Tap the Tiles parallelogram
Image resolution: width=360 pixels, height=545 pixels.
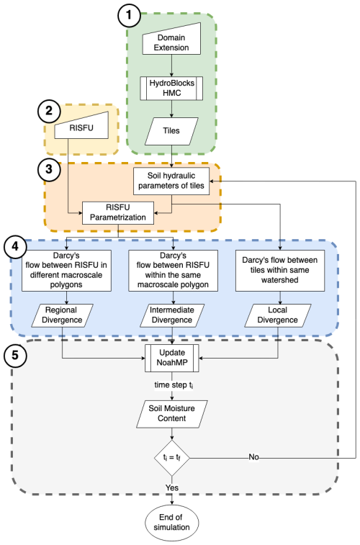point(172,131)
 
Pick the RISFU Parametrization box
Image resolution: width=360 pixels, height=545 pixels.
point(118,212)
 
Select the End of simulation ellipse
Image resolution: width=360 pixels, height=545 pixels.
point(172,522)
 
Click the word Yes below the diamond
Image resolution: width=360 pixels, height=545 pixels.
point(172,487)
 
